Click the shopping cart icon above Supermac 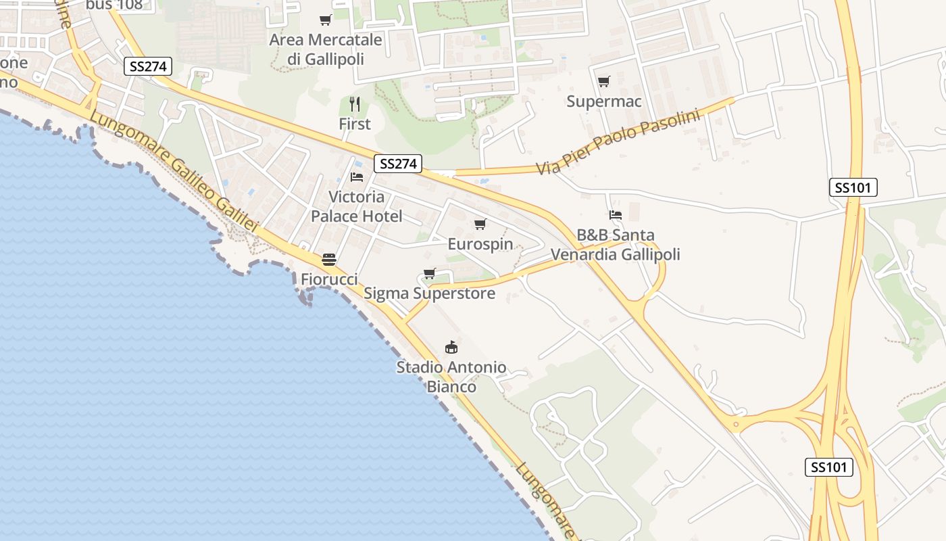[603, 82]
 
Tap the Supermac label [603, 101]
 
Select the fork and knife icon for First [355, 104]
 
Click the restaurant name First [355, 124]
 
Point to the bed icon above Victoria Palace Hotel [357, 177]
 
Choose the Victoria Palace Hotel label [356, 206]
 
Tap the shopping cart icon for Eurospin [480, 225]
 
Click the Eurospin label [480, 244]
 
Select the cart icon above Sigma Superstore [429, 274]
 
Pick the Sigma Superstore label [429, 293]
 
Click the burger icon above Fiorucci [329, 260]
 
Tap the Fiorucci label [329, 279]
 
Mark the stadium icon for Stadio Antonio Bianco [451, 348]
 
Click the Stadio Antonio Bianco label [451, 377]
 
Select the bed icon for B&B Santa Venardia [616, 215]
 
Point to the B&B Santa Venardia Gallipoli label [616, 245]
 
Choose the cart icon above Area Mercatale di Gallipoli [326, 20]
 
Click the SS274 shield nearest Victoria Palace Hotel [398, 164]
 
